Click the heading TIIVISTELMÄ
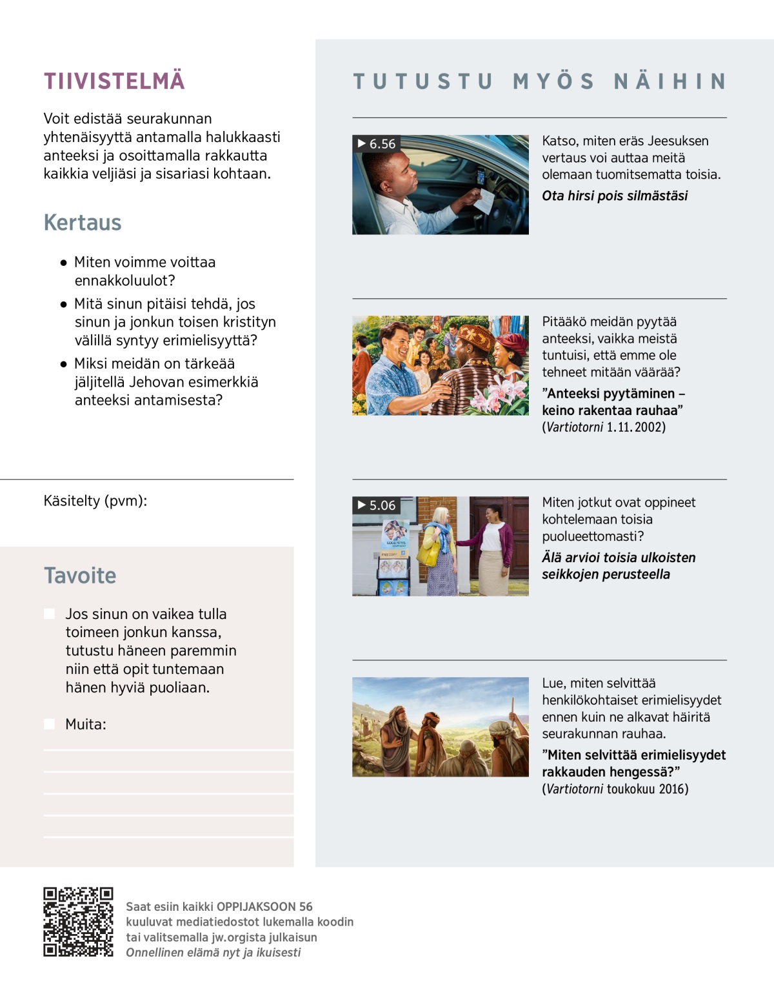114,81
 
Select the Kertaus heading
83,223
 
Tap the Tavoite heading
80,576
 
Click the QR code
78,922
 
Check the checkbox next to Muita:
49,724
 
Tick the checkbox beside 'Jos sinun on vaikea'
49,614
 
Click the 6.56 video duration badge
377,144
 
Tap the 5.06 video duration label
377,505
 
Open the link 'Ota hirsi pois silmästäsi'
615,196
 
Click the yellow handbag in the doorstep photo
428,553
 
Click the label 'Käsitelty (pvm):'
95,501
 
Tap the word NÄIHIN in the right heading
670,81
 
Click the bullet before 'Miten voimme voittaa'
63,263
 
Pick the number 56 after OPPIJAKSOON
306,906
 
